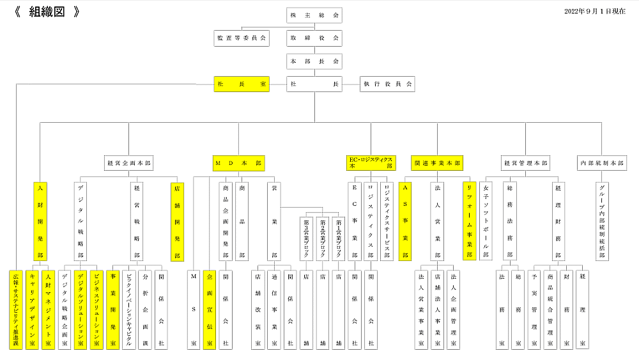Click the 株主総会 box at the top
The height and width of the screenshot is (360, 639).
pos(314,15)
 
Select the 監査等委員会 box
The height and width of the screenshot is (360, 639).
pos(242,38)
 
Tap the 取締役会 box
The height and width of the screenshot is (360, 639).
pos(314,38)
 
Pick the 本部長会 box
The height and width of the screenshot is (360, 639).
pos(314,61)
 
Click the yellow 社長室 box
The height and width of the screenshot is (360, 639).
pos(242,84)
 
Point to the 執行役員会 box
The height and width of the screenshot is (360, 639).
pos(387,84)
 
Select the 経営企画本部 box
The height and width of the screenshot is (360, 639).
pos(129,163)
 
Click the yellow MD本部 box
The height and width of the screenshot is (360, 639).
pos(239,163)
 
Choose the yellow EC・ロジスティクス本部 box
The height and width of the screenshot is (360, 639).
pos(371,163)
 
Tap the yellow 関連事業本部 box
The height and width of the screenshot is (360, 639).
pos(438,163)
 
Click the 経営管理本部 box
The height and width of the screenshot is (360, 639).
pos(525,163)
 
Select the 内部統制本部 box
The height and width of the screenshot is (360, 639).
pos(602,163)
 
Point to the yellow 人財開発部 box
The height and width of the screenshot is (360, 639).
pos(40,221)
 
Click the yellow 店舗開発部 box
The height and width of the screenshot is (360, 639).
pos(178,221)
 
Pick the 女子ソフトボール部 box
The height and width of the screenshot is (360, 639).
pos(487,221)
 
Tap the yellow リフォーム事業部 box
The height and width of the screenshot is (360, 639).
pos(470,221)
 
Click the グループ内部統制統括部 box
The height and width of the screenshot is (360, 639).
pos(602,221)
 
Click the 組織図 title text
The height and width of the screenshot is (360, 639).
pos(47,12)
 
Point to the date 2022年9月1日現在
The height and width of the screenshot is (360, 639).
pos(595,12)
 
